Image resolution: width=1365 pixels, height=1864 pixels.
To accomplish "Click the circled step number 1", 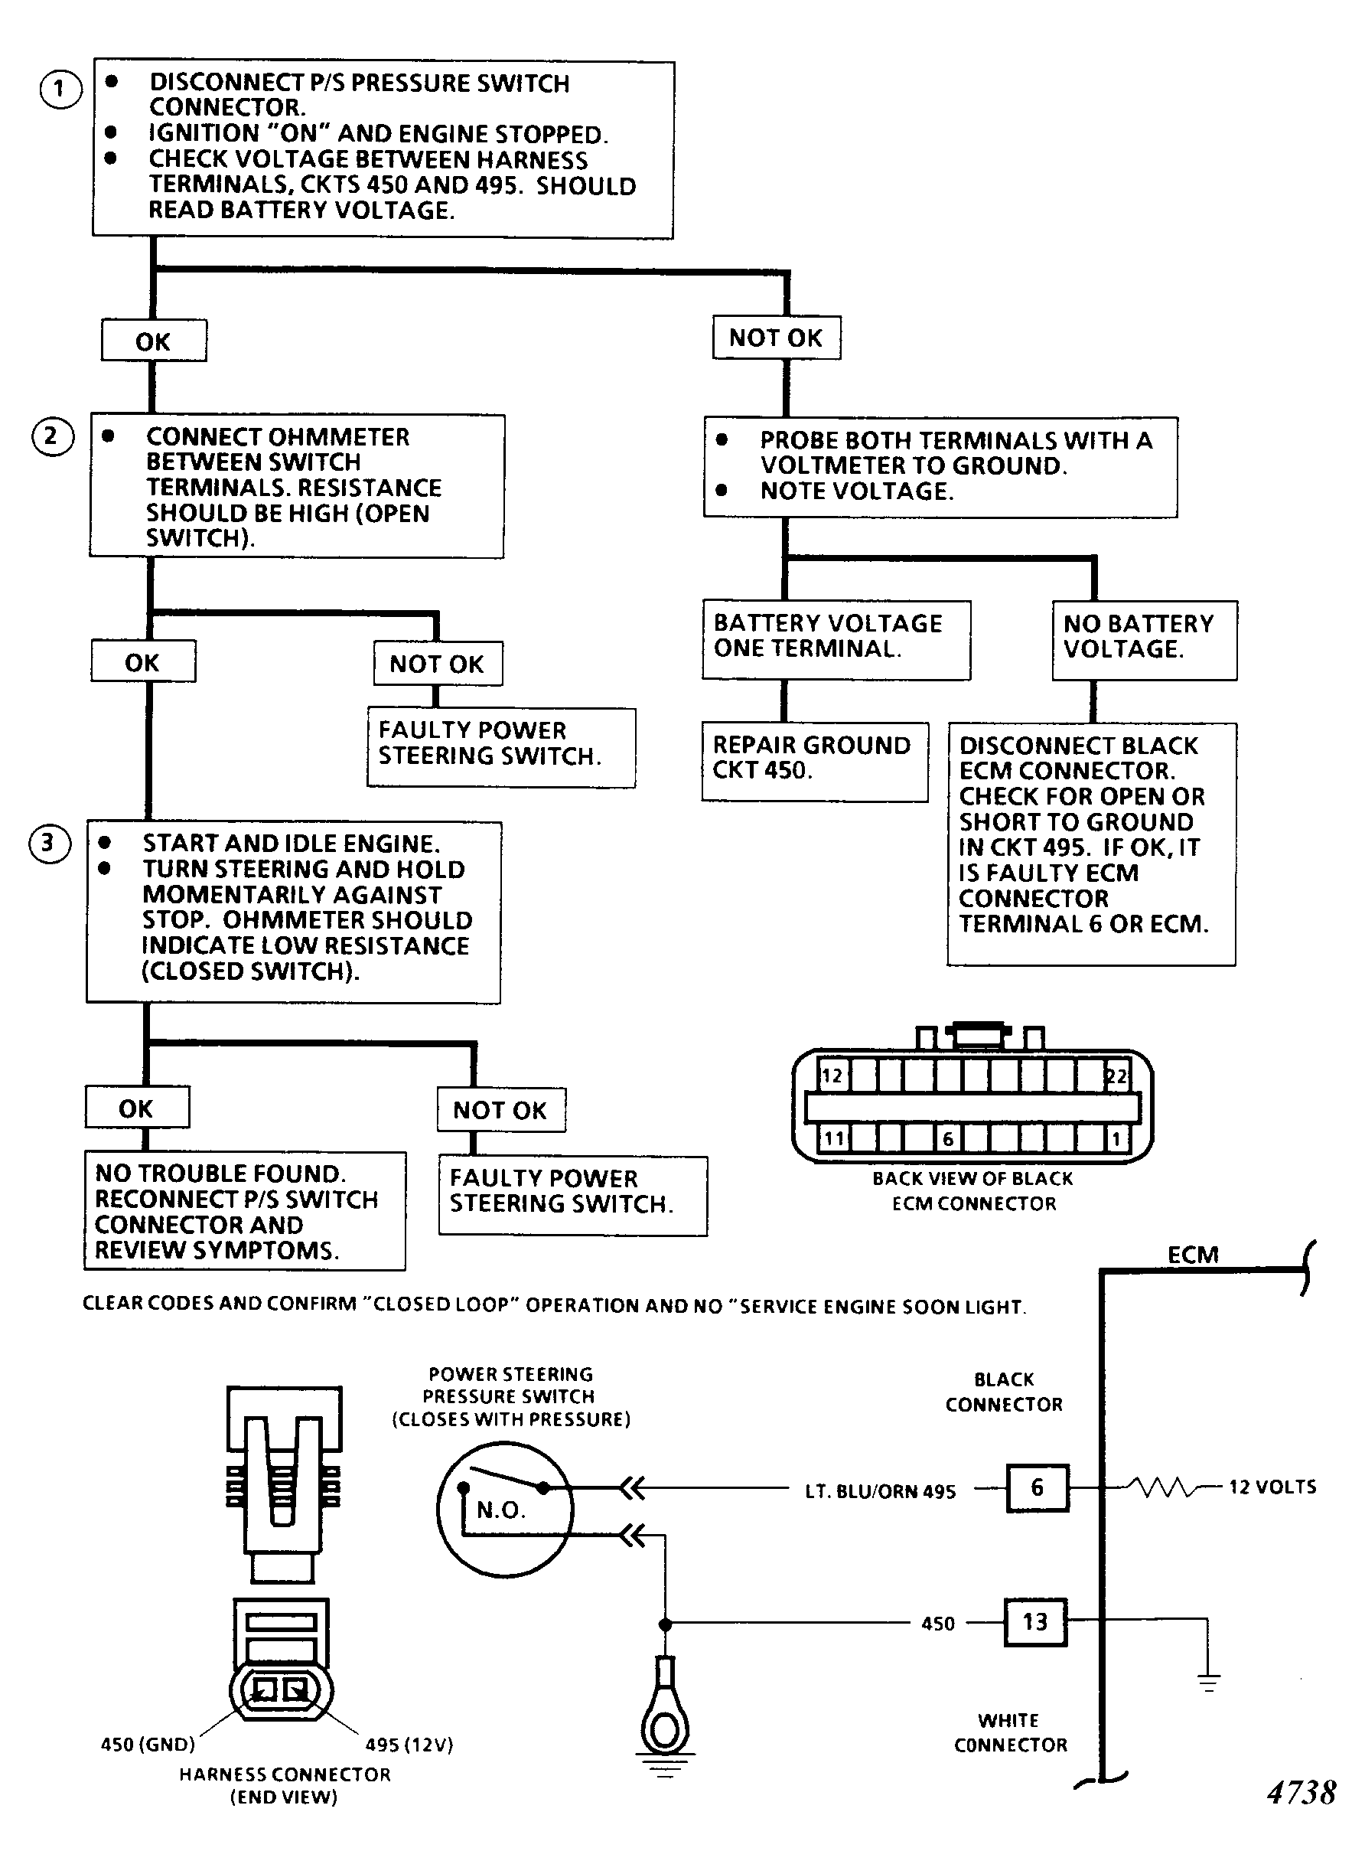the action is coord(60,90).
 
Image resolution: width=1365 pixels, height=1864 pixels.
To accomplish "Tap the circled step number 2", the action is coord(52,436).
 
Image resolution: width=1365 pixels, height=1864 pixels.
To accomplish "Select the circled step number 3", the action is coord(50,843).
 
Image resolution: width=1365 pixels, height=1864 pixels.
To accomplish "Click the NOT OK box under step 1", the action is coord(777,338).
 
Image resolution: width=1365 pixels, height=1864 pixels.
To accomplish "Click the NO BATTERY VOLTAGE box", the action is coord(1145,641).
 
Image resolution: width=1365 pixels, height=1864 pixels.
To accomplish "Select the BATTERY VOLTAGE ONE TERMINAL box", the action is coord(836,640).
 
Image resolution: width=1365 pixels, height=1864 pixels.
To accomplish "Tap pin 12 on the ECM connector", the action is coord(831,1076).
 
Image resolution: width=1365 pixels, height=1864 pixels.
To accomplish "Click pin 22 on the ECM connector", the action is coord(1116,1076).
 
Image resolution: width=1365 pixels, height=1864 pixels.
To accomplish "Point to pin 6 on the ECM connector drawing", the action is coord(948,1139).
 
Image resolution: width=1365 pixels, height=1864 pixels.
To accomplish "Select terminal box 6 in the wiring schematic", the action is coord(1037,1488).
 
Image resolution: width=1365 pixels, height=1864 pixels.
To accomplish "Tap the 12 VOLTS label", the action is coord(1272,1487).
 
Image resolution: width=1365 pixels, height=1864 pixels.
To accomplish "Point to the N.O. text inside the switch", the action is coord(500,1510).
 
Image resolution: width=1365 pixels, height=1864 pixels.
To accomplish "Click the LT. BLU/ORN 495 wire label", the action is coord(880,1491).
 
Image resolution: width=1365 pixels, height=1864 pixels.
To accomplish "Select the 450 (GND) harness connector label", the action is coord(148,1744).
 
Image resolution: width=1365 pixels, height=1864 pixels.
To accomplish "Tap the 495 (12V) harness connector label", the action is coord(410,1744).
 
